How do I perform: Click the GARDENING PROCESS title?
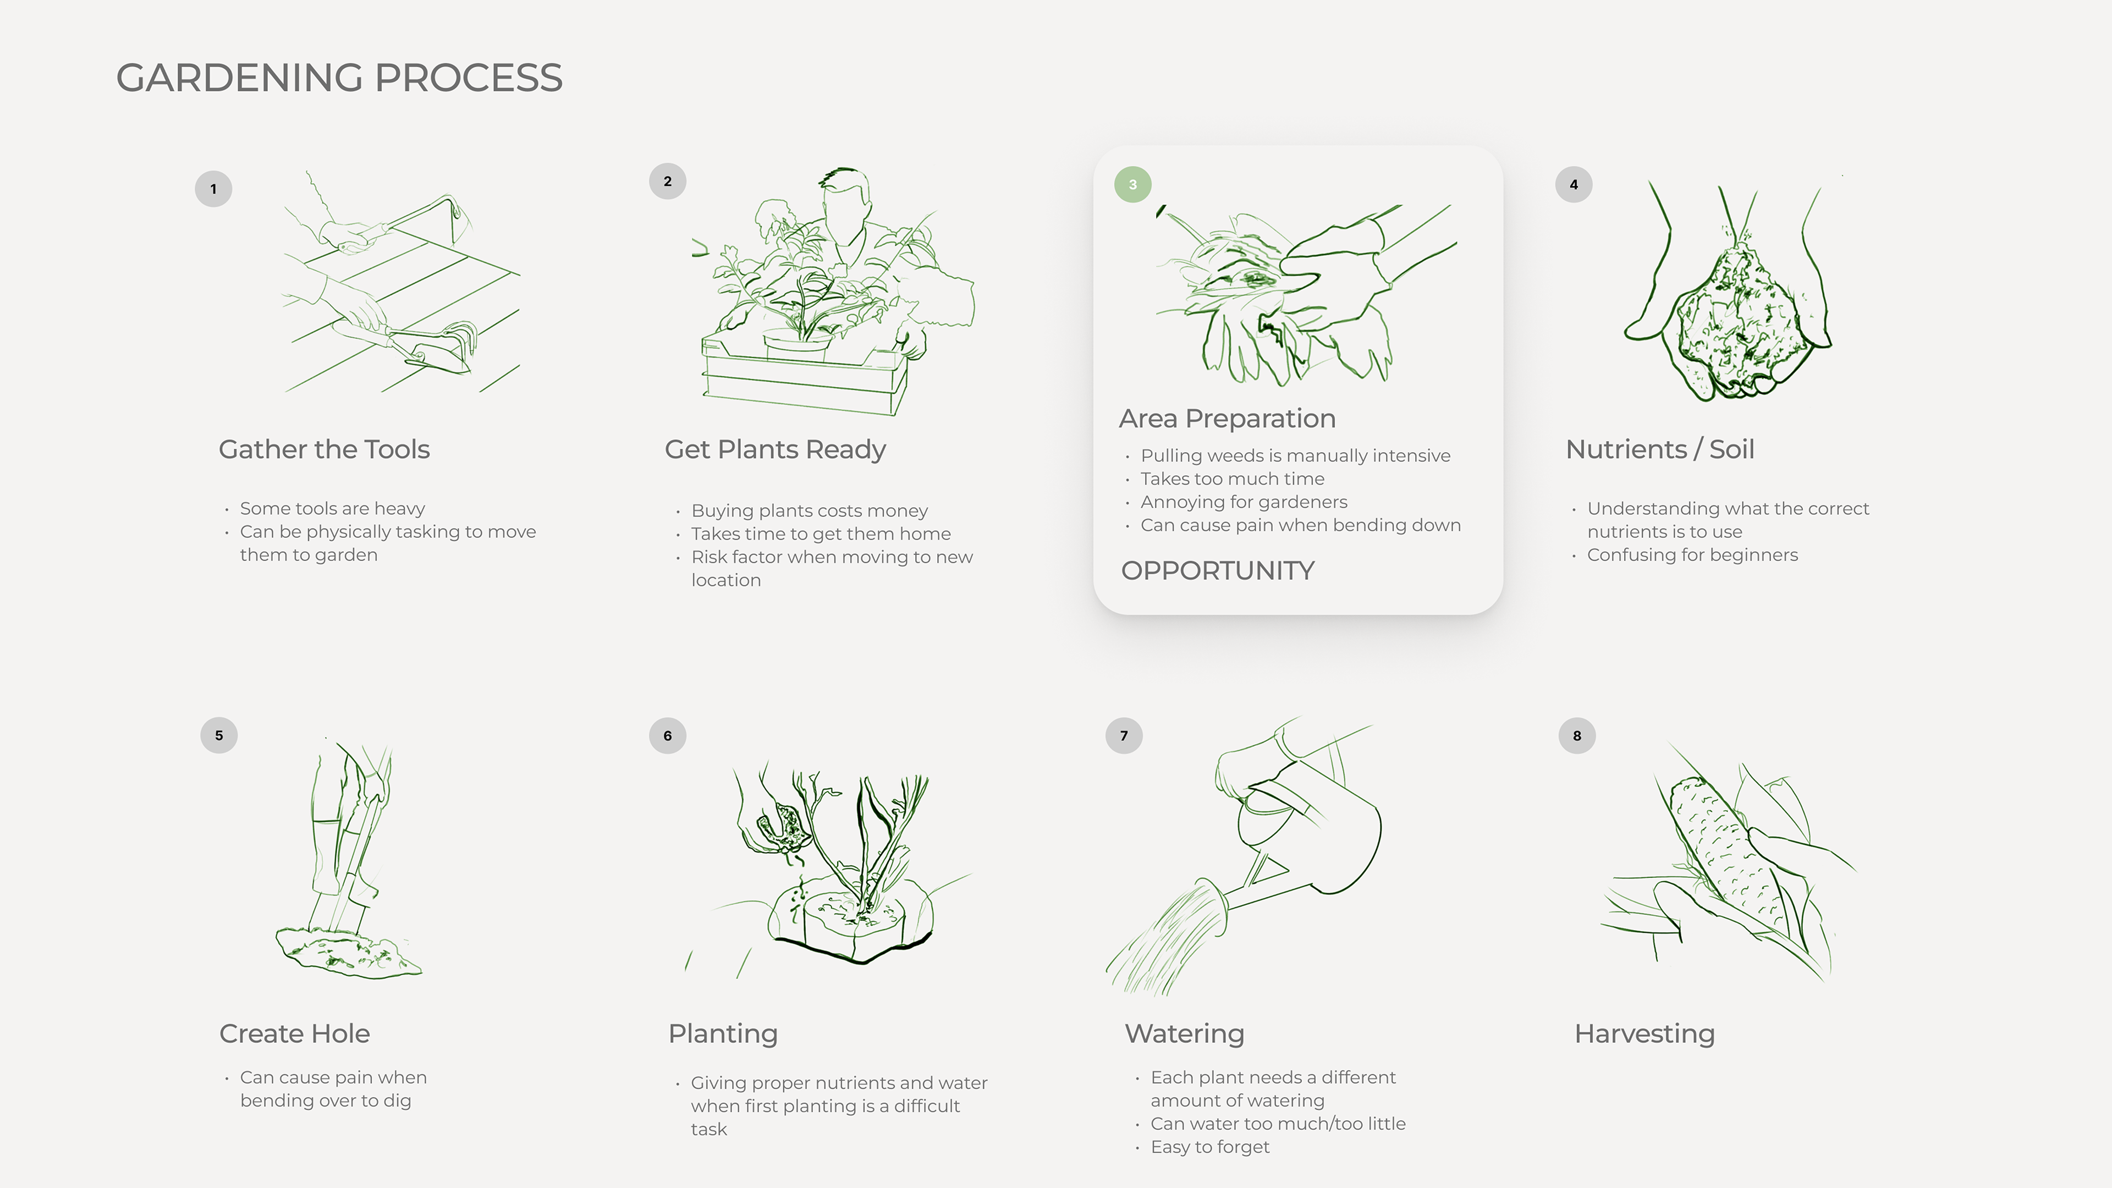[339, 78]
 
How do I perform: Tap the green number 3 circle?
[1132, 184]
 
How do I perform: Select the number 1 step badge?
[213, 189]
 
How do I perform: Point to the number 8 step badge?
[1577, 735]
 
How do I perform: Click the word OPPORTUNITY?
[1218, 571]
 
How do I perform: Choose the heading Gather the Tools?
[324, 449]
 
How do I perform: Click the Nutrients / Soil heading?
[1659, 449]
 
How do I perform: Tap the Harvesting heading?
[1645, 1034]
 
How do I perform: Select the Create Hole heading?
[294, 1034]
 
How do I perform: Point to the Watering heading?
[1185, 1034]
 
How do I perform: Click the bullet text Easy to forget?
[1210, 1147]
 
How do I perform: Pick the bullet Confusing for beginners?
[1692, 555]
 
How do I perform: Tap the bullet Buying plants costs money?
[809, 511]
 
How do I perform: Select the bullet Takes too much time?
[1232, 479]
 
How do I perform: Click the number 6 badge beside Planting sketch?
[667, 735]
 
